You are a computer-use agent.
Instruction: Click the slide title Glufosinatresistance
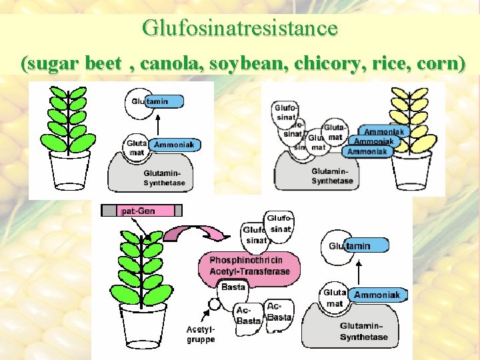[x=240, y=28]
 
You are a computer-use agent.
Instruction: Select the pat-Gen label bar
[x=141, y=211]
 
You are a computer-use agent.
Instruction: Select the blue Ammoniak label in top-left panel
[x=174, y=145]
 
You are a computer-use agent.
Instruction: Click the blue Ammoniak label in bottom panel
[x=377, y=295]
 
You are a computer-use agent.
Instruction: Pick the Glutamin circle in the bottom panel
[x=341, y=246]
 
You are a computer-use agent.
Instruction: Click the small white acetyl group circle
[x=215, y=305]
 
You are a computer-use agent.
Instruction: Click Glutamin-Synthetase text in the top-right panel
[x=332, y=176]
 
